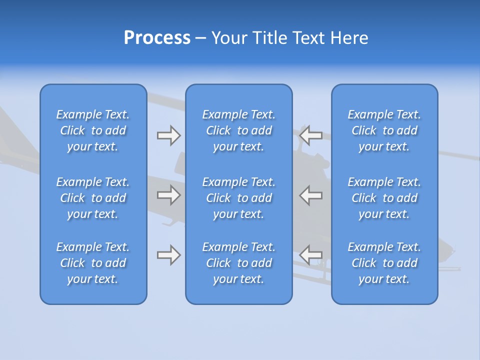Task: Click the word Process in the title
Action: [x=157, y=38]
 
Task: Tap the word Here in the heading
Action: [x=349, y=38]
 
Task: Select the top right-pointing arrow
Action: [x=168, y=135]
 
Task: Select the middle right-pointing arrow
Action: [x=168, y=195]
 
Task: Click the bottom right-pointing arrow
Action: [x=168, y=255]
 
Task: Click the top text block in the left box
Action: [x=93, y=130]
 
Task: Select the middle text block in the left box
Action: [x=93, y=198]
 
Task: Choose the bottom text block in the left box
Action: [x=93, y=263]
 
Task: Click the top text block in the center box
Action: [x=239, y=130]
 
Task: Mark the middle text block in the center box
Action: [x=239, y=198]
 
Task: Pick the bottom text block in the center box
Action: [x=239, y=263]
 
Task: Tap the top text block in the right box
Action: [x=384, y=130]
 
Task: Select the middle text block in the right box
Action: [x=384, y=198]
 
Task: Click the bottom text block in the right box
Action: [x=384, y=263]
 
